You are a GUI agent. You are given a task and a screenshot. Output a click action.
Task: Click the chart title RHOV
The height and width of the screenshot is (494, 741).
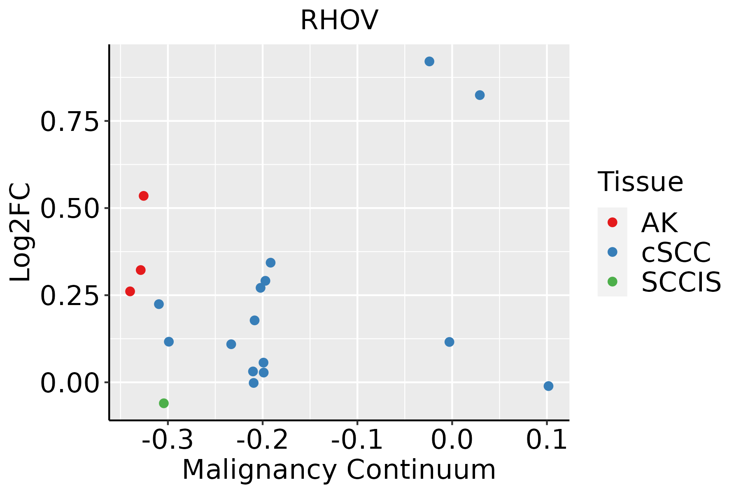(339, 21)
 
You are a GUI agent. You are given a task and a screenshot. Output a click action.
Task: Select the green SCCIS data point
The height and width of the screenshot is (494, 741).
(164, 403)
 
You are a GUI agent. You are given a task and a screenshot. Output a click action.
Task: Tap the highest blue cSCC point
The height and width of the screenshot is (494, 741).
(429, 62)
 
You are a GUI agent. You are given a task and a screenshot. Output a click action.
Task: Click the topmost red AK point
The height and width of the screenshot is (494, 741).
(144, 196)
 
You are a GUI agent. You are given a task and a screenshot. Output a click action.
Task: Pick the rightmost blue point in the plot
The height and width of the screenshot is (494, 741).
(548, 386)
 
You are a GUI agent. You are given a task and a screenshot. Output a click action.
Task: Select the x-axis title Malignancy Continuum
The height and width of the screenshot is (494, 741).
(339, 470)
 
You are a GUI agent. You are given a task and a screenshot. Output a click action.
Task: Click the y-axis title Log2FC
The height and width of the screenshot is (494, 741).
(21, 233)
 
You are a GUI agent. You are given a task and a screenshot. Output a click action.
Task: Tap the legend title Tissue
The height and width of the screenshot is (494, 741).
(640, 182)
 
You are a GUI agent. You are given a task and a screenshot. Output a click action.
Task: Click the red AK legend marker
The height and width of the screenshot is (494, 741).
(613, 222)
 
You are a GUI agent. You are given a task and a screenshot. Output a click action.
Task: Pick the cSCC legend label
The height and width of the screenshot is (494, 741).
(676, 252)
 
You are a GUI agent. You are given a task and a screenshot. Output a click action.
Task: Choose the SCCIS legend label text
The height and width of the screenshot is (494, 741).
(681, 282)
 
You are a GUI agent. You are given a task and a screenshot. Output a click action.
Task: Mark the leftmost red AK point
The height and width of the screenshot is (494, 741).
(130, 291)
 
